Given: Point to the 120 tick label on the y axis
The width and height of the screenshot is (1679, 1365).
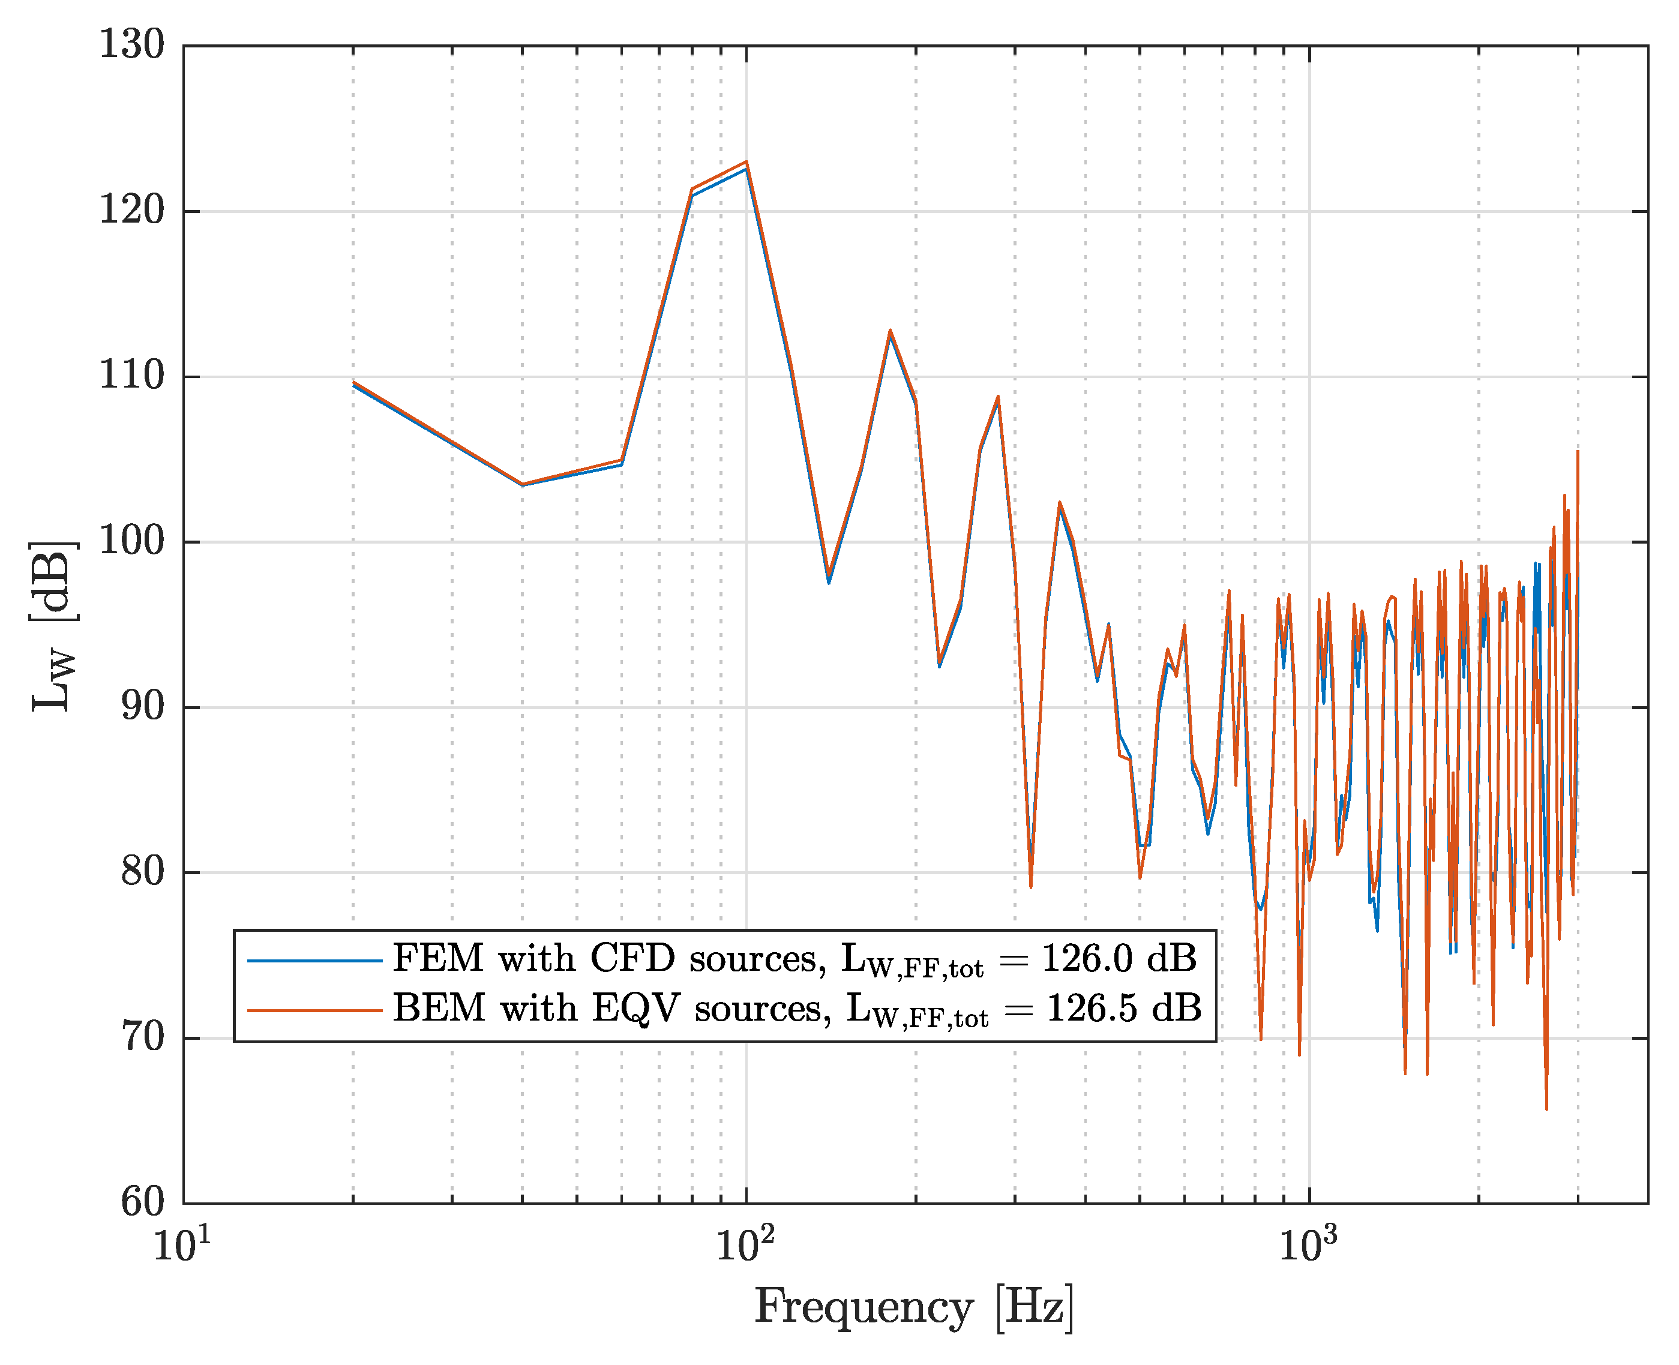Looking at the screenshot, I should click(x=131, y=210).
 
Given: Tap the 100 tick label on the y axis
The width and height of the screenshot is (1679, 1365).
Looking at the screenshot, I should click(x=131, y=541).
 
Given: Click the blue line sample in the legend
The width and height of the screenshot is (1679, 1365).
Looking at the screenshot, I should click(x=314, y=961).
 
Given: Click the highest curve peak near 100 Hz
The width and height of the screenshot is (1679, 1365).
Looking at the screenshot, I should click(x=745, y=162).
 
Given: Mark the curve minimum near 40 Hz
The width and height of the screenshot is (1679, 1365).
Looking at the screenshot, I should click(x=521, y=484).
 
